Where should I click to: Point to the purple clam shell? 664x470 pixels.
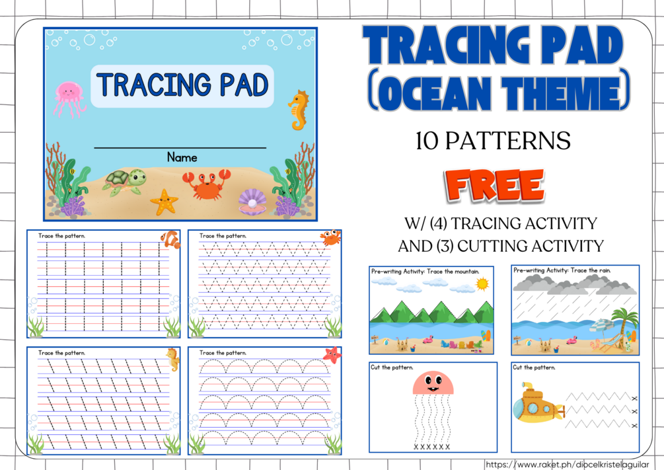click(x=250, y=200)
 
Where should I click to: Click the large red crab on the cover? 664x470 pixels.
click(x=207, y=183)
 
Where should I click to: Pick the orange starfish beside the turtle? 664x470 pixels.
click(x=164, y=201)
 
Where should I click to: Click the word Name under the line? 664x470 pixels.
click(x=182, y=157)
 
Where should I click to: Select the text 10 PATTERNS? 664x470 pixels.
click(x=493, y=141)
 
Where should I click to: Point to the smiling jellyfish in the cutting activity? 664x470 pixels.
click(x=433, y=384)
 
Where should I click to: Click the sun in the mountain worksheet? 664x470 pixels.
click(x=483, y=284)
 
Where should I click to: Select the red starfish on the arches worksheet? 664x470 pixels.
click(x=332, y=355)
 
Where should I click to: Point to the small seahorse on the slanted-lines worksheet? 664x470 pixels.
click(x=173, y=358)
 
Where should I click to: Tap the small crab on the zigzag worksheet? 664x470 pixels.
click(x=330, y=237)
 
